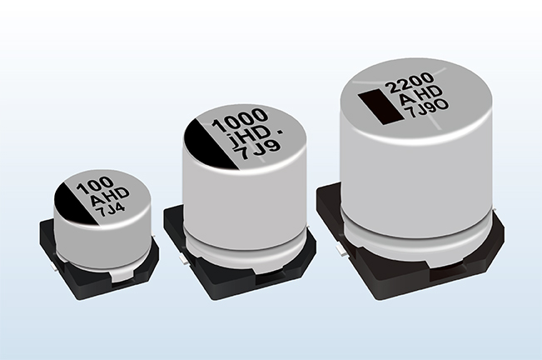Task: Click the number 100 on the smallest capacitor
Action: pyautogui.click(x=95, y=187)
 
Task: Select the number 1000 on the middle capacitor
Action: pyautogui.click(x=240, y=120)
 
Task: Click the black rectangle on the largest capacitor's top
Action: pyautogui.click(x=381, y=107)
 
